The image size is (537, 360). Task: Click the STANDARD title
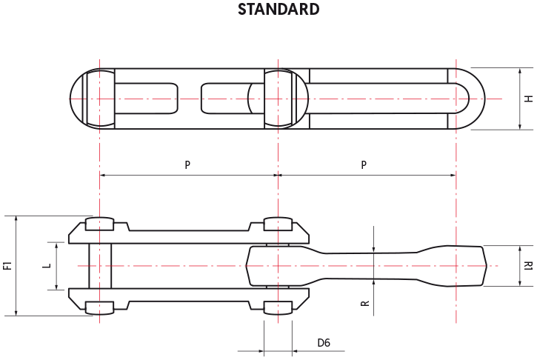pos(278,9)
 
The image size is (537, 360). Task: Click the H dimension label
pos(528,99)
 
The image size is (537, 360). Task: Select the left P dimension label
pos(187,164)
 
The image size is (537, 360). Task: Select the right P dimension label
pos(364,164)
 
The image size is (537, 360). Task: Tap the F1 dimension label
pos(7,265)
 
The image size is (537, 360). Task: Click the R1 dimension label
pos(528,266)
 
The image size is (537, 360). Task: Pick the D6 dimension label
pos(324,342)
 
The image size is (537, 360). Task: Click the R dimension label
pos(365,303)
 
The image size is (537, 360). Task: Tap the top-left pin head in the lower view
pos(99,224)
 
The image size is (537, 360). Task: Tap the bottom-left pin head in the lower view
pos(99,308)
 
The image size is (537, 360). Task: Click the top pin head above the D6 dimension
pos(278,224)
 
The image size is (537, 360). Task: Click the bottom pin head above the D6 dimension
pos(278,308)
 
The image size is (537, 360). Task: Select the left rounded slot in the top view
pos(146,99)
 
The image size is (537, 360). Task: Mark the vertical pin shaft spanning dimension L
pos(100,266)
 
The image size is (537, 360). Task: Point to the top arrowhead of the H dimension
pos(520,71)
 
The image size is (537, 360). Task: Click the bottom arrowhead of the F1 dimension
pos(16,313)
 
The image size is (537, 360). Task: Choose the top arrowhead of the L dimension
pos(57,245)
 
